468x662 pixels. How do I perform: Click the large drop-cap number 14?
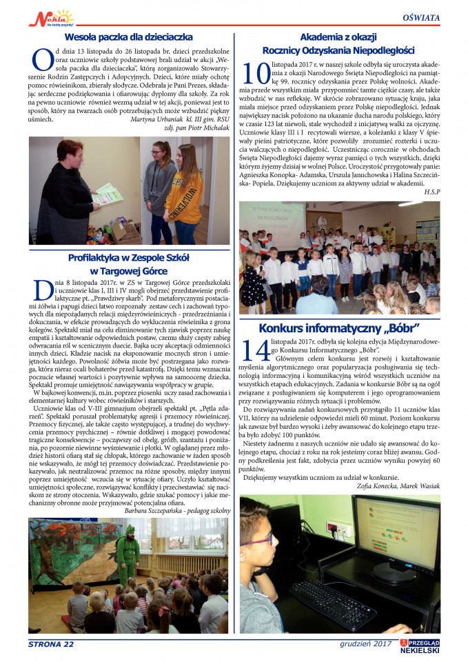pos(254,350)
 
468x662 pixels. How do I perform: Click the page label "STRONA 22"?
pos(51,644)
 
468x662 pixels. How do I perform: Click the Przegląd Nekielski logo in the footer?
pos(420,645)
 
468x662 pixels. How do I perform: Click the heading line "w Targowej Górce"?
pos(129,271)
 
